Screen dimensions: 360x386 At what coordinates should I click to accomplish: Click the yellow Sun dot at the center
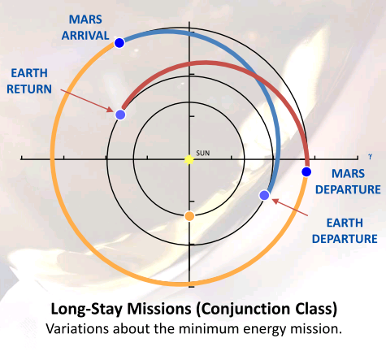pyautogui.click(x=189, y=159)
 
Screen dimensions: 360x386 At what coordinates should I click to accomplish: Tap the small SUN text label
pyautogui.click(x=203, y=153)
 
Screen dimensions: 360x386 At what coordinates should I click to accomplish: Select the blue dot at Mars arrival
pyautogui.click(x=119, y=42)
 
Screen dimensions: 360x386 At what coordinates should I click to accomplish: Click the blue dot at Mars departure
pyautogui.click(x=306, y=171)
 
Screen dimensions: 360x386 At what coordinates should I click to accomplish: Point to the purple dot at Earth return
pyautogui.click(x=120, y=115)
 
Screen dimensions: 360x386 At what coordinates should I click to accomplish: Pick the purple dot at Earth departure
pyautogui.click(x=264, y=195)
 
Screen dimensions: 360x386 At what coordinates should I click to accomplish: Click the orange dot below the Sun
pyautogui.click(x=189, y=216)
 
